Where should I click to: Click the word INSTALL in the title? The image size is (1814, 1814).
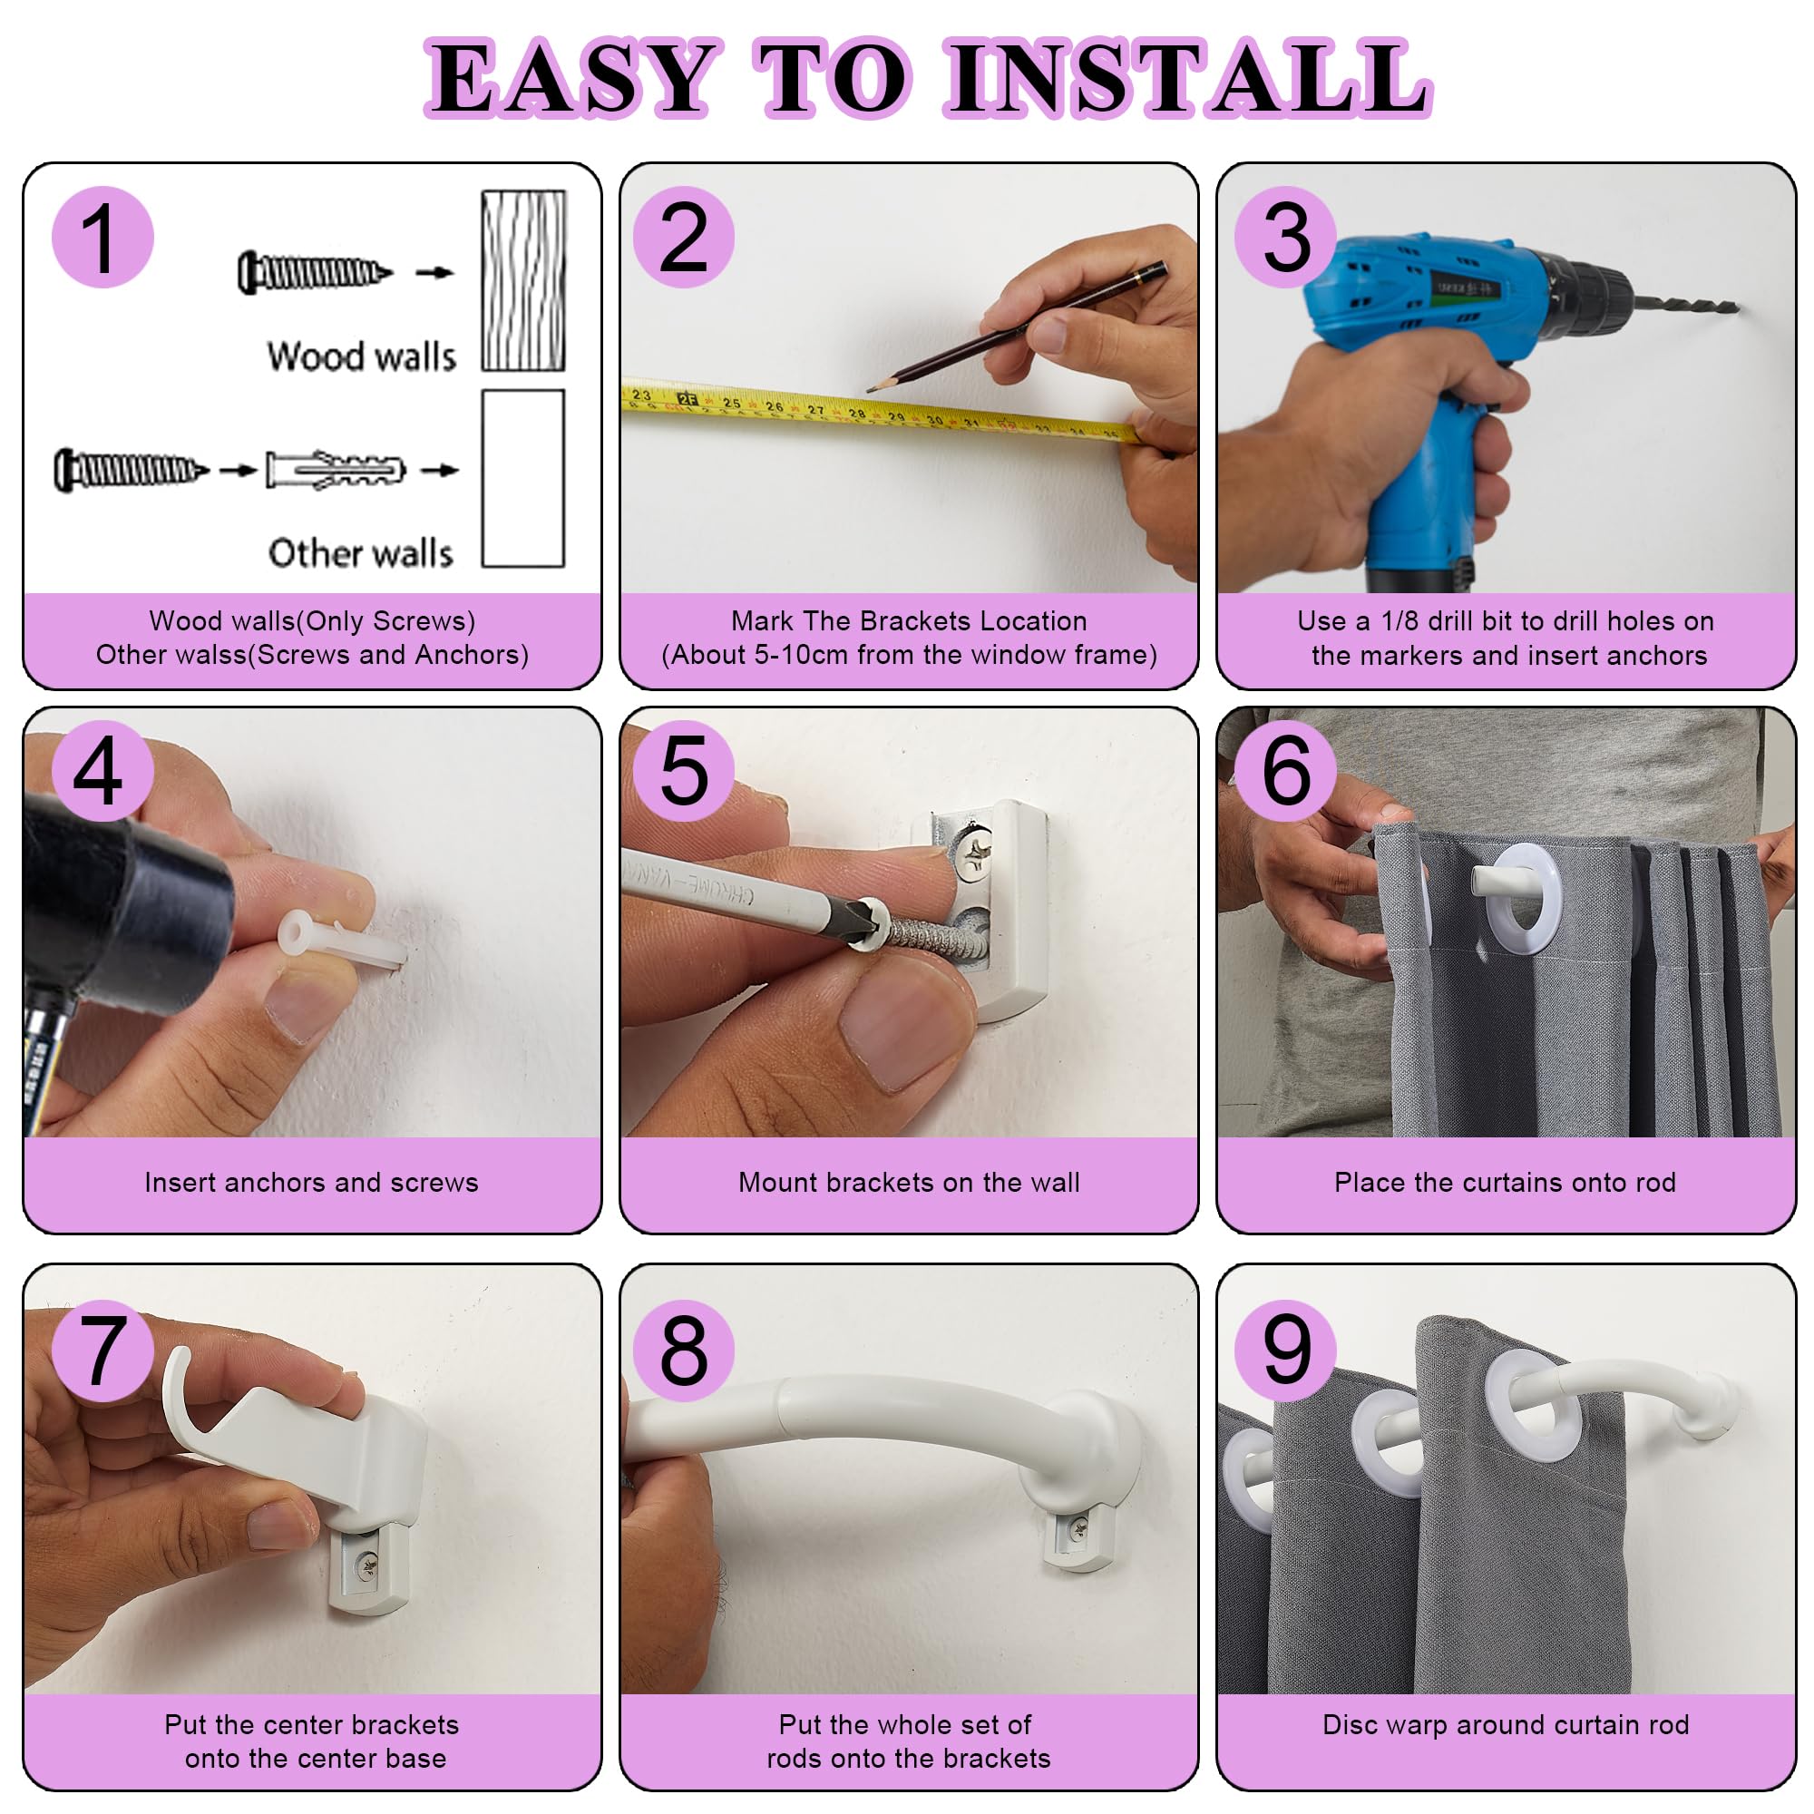(x=1188, y=79)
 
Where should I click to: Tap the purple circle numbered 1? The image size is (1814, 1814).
(x=102, y=237)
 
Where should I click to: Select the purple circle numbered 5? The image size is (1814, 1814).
(x=684, y=771)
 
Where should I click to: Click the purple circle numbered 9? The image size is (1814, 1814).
(x=1286, y=1351)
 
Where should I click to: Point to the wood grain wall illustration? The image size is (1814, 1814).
(x=524, y=281)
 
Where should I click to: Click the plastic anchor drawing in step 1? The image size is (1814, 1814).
(x=336, y=469)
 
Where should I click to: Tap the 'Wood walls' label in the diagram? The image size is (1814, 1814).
(x=362, y=356)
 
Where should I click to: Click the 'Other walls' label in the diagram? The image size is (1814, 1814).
(x=362, y=553)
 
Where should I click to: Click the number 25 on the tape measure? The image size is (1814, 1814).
(x=731, y=403)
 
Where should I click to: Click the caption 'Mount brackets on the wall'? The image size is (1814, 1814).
(x=909, y=1182)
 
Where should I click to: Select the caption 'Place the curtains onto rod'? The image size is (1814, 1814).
(x=1505, y=1182)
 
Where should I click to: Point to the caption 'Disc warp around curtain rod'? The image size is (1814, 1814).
(x=1505, y=1725)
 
